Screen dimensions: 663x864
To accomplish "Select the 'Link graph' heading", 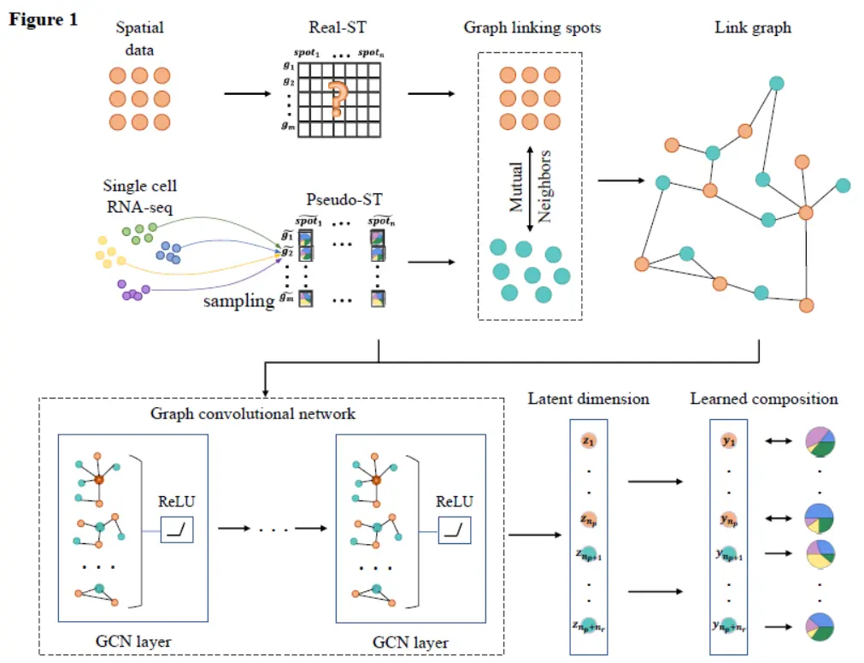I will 752,28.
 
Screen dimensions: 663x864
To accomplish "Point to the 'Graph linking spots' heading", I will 532,28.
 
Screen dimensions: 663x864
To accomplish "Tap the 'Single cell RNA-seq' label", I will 140,195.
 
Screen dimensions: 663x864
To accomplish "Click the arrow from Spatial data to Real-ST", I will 249,94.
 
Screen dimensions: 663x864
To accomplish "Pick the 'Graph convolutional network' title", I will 253,414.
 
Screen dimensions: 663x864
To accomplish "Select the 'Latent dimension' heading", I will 588,399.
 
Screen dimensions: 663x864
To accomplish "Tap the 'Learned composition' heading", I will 764,399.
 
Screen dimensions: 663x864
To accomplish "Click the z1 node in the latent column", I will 588,441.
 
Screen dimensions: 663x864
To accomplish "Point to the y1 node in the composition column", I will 729,441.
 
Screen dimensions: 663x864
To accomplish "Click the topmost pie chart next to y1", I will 820,441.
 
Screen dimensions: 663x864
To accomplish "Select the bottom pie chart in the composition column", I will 820,625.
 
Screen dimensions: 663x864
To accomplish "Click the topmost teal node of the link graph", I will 777,83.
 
